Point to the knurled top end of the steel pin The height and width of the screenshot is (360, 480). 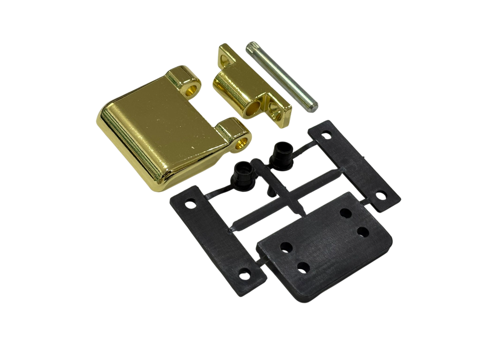click(x=251, y=48)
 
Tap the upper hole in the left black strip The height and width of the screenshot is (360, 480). click(x=192, y=205)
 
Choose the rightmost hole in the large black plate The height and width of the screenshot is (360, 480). click(x=362, y=231)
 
